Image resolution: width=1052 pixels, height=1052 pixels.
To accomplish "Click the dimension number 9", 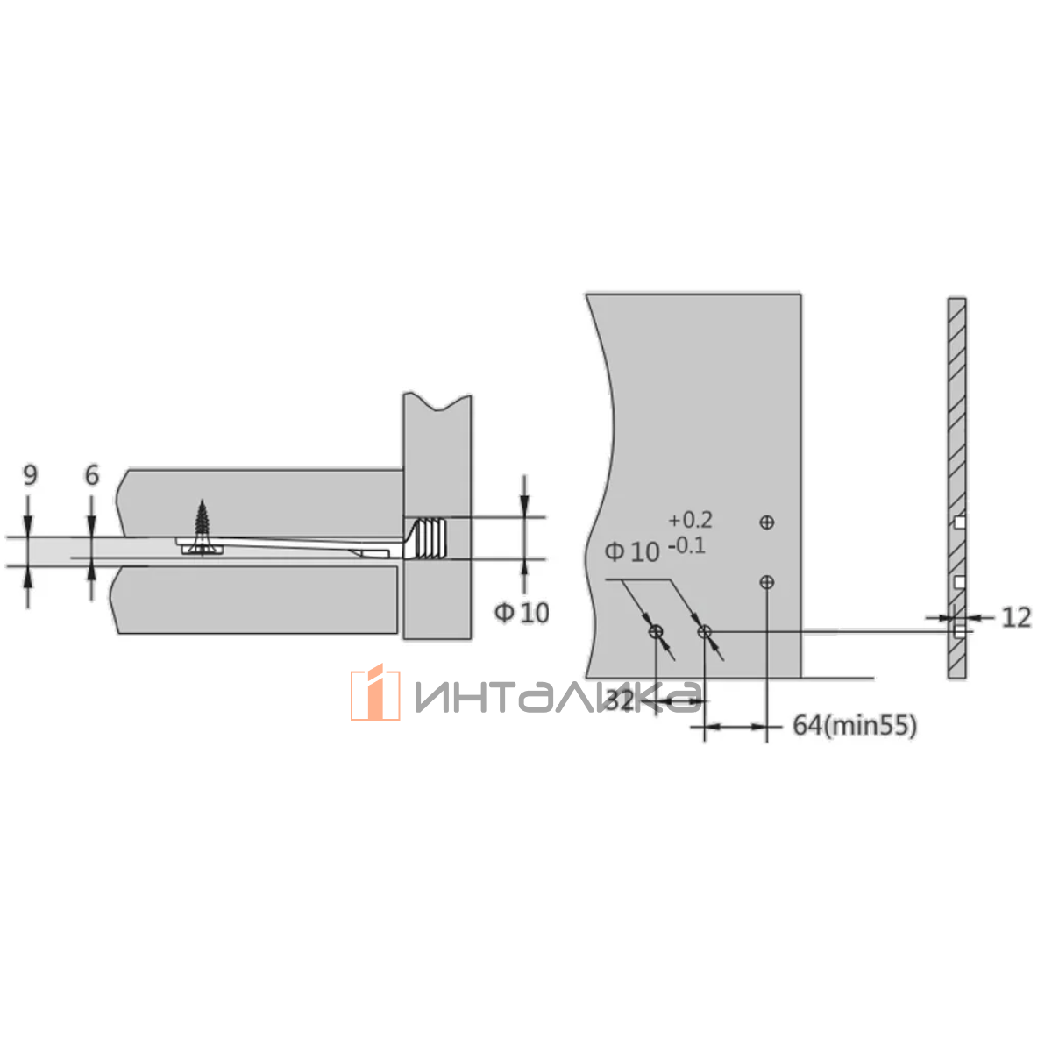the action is coord(31,474).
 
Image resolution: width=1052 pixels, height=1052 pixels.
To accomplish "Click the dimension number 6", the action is coord(92,474).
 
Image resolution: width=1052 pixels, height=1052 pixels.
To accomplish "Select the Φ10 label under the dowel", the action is coord(522,613).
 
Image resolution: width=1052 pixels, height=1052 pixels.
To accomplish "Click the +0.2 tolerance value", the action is coord(690,520).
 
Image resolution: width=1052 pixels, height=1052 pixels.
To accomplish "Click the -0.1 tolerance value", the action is coord(686,545).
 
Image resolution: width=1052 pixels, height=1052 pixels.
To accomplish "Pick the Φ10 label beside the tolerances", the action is coord(632,552).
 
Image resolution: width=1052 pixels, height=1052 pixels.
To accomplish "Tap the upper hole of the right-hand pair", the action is coord(766,522).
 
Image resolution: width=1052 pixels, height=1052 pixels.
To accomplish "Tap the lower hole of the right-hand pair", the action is coord(766,582).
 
